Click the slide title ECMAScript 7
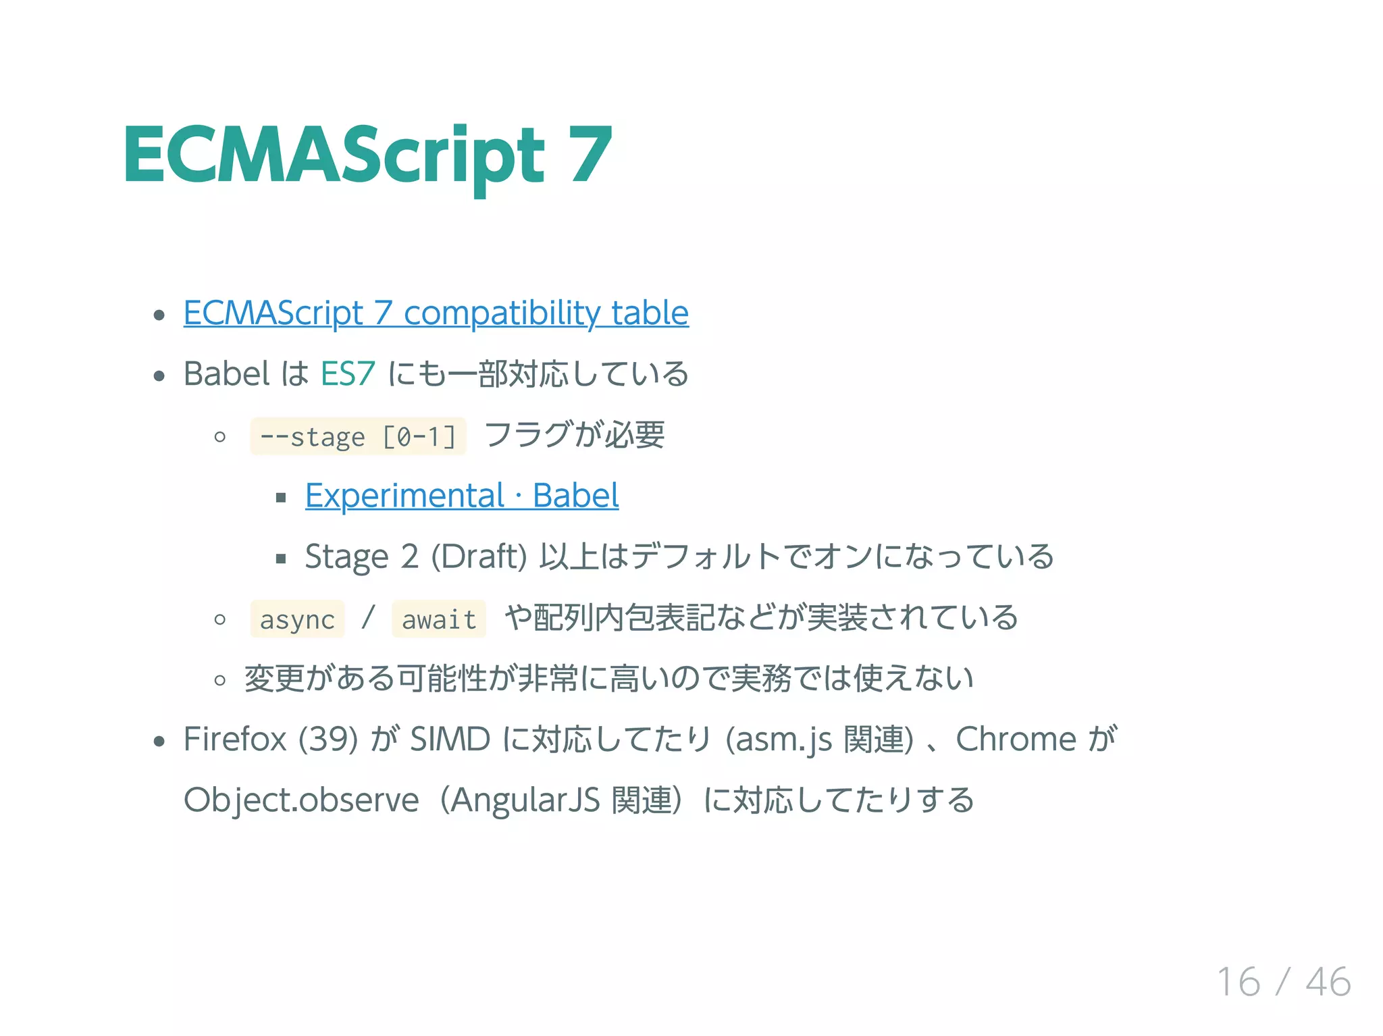(368, 157)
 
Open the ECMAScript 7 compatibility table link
(436, 313)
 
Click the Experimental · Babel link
(461, 496)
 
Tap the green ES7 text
(347, 374)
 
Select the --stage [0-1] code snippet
(358, 437)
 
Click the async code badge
(297, 619)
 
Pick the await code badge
(439, 619)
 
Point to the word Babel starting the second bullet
(226, 374)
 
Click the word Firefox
(235, 739)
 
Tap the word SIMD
(450, 739)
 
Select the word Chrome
(1015, 739)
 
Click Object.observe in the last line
(301, 800)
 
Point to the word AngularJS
(525, 800)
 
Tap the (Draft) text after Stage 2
(479, 557)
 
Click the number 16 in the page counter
(1238, 982)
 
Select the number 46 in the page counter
(1328, 982)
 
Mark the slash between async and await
(368, 618)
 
